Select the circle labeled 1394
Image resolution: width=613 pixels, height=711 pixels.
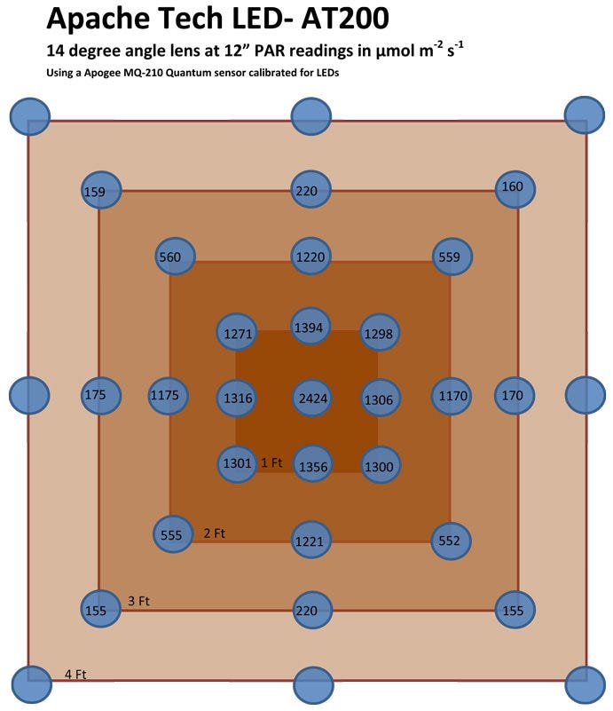click(x=312, y=328)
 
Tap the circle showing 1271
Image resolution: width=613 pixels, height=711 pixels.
click(x=237, y=333)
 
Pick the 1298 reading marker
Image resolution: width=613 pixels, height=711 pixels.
click(x=380, y=333)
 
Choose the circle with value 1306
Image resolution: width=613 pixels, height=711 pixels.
click(x=380, y=399)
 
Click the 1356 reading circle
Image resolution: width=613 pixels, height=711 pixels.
click(x=312, y=465)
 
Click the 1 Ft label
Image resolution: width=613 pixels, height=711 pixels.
click(x=271, y=462)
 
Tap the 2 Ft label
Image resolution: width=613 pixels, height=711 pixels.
click(x=215, y=533)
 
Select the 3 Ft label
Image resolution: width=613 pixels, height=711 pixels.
click(x=139, y=601)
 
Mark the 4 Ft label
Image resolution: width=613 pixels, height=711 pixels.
click(x=75, y=674)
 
